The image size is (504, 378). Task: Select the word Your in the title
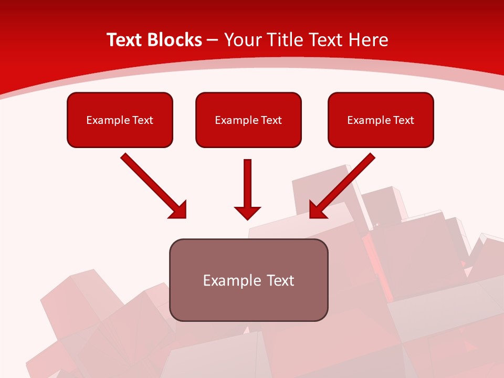click(x=241, y=40)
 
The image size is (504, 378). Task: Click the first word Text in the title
click(x=126, y=40)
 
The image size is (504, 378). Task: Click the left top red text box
click(x=120, y=120)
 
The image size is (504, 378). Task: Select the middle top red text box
click(x=248, y=120)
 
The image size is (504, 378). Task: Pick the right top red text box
click(x=381, y=120)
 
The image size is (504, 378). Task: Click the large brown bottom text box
click(x=248, y=280)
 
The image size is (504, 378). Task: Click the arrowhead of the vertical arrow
click(x=248, y=212)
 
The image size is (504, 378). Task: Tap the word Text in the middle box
click(x=271, y=120)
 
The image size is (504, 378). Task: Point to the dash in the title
click(x=213, y=40)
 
